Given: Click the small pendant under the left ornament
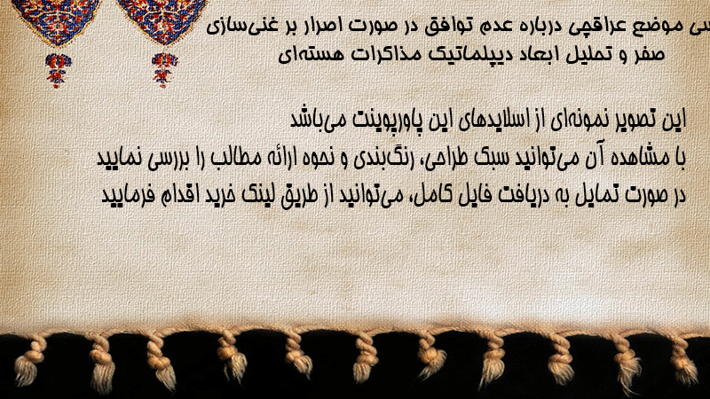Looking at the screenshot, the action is [58, 69].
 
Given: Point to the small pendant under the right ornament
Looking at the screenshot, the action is [164, 69].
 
